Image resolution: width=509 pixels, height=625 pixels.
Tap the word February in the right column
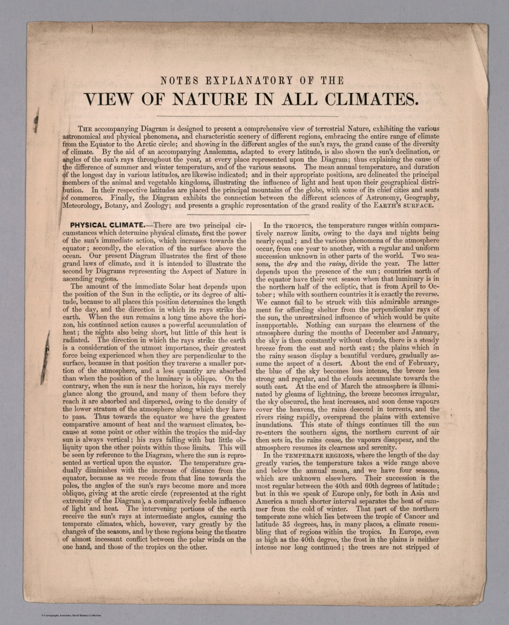pos(419,363)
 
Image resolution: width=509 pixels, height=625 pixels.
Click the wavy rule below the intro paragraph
pos(248,214)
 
